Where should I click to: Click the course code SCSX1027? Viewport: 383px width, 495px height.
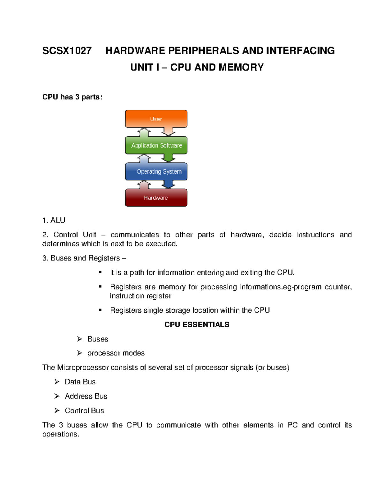(x=67, y=51)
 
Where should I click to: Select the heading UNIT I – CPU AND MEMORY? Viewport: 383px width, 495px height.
(x=197, y=67)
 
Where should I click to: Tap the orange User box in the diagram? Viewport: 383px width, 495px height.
(x=156, y=119)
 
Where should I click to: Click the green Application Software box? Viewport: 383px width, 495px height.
(x=156, y=145)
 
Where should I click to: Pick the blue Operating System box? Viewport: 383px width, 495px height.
(x=156, y=171)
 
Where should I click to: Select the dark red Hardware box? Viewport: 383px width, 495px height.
(x=156, y=198)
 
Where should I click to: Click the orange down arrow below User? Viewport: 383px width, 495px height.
(x=168, y=131)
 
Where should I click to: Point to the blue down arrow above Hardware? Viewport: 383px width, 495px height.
(x=168, y=184)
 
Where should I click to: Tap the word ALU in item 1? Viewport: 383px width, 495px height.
(x=58, y=220)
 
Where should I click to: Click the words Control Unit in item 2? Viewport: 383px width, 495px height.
(x=75, y=235)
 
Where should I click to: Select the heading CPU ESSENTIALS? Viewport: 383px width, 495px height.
(x=197, y=324)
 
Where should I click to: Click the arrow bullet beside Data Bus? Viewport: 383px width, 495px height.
(x=57, y=382)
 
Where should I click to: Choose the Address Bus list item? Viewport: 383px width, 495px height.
(x=86, y=396)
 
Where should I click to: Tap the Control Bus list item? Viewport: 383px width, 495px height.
(x=84, y=411)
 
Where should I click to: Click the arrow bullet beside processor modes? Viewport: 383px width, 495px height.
(x=79, y=353)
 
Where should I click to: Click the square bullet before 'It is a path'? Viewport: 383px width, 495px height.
(x=100, y=272)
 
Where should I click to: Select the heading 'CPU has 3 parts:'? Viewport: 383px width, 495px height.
(x=72, y=97)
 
